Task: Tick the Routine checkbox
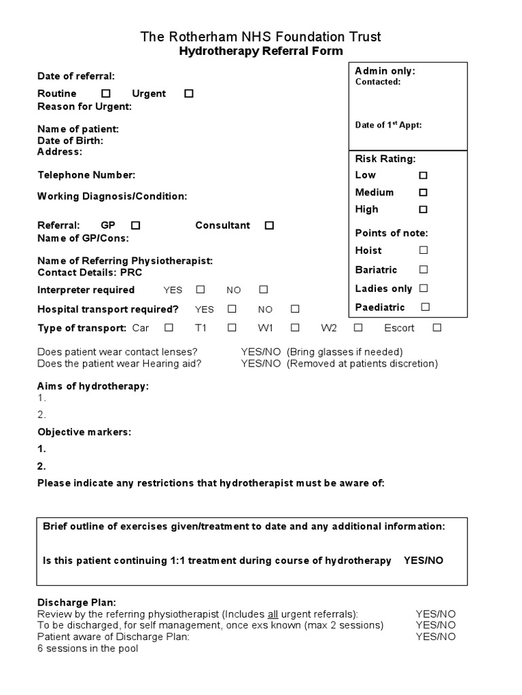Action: (x=106, y=94)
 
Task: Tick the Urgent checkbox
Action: (x=189, y=94)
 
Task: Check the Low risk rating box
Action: (x=423, y=175)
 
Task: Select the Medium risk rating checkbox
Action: (x=423, y=192)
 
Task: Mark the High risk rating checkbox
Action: (x=423, y=209)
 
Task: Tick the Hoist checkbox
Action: (x=423, y=250)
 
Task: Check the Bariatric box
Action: (x=423, y=269)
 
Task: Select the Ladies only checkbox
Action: (x=423, y=288)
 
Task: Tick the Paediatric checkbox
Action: (x=425, y=307)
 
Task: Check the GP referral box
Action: (x=135, y=225)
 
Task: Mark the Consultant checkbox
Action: (x=269, y=225)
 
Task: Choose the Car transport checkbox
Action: (x=169, y=328)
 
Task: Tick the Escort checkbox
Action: (x=437, y=328)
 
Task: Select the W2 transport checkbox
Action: (x=358, y=328)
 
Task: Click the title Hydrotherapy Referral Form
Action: (x=261, y=52)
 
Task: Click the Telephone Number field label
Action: (x=86, y=175)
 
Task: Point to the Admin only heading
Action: (x=385, y=71)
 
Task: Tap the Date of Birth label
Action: (x=71, y=140)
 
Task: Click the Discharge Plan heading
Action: (x=77, y=603)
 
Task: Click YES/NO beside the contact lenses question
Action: (x=260, y=352)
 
